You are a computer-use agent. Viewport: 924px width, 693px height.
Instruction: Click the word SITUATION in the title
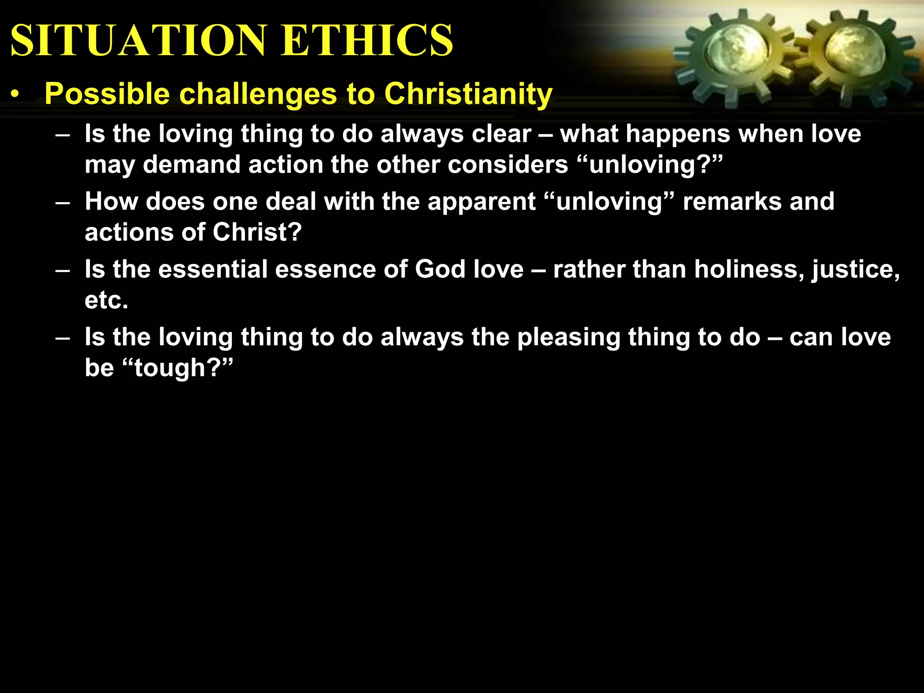coord(138,41)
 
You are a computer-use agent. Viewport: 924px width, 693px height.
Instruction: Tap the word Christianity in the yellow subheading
coord(468,94)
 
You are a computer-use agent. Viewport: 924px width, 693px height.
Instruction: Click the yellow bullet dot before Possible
coord(16,95)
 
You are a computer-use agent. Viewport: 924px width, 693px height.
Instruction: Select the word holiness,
coord(749,269)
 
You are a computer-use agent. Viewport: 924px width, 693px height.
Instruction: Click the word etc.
coord(106,300)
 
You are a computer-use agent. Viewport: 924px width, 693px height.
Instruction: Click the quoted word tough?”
coord(178,368)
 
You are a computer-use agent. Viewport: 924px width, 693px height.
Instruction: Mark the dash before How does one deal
coord(63,202)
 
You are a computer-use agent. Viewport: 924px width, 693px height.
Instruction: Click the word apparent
coord(481,202)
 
